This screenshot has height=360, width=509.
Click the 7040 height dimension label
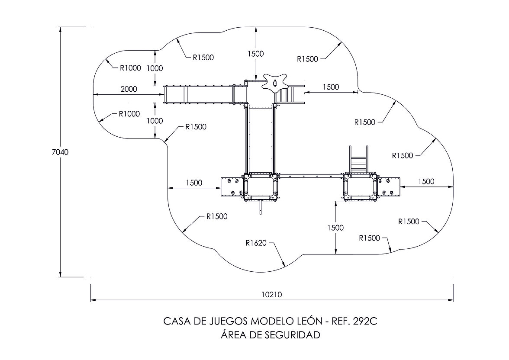pyautogui.click(x=60, y=152)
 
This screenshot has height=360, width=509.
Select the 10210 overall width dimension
pyautogui.click(x=272, y=294)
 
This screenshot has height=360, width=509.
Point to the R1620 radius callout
pyautogui.click(x=256, y=243)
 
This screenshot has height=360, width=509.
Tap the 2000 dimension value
pyautogui.click(x=129, y=89)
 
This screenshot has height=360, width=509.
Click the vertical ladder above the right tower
pyautogui.click(x=358, y=159)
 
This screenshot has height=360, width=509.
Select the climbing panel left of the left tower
pyautogui.click(x=232, y=187)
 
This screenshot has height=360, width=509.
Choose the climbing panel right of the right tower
pyautogui.click(x=389, y=187)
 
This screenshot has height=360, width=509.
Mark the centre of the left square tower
pyautogui.click(x=261, y=187)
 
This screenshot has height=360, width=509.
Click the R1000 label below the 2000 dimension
pyautogui.click(x=129, y=114)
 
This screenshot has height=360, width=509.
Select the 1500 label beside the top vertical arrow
pyautogui.click(x=256, y=54)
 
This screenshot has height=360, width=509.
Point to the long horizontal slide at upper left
pyautogui.click(x=205, y=95)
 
